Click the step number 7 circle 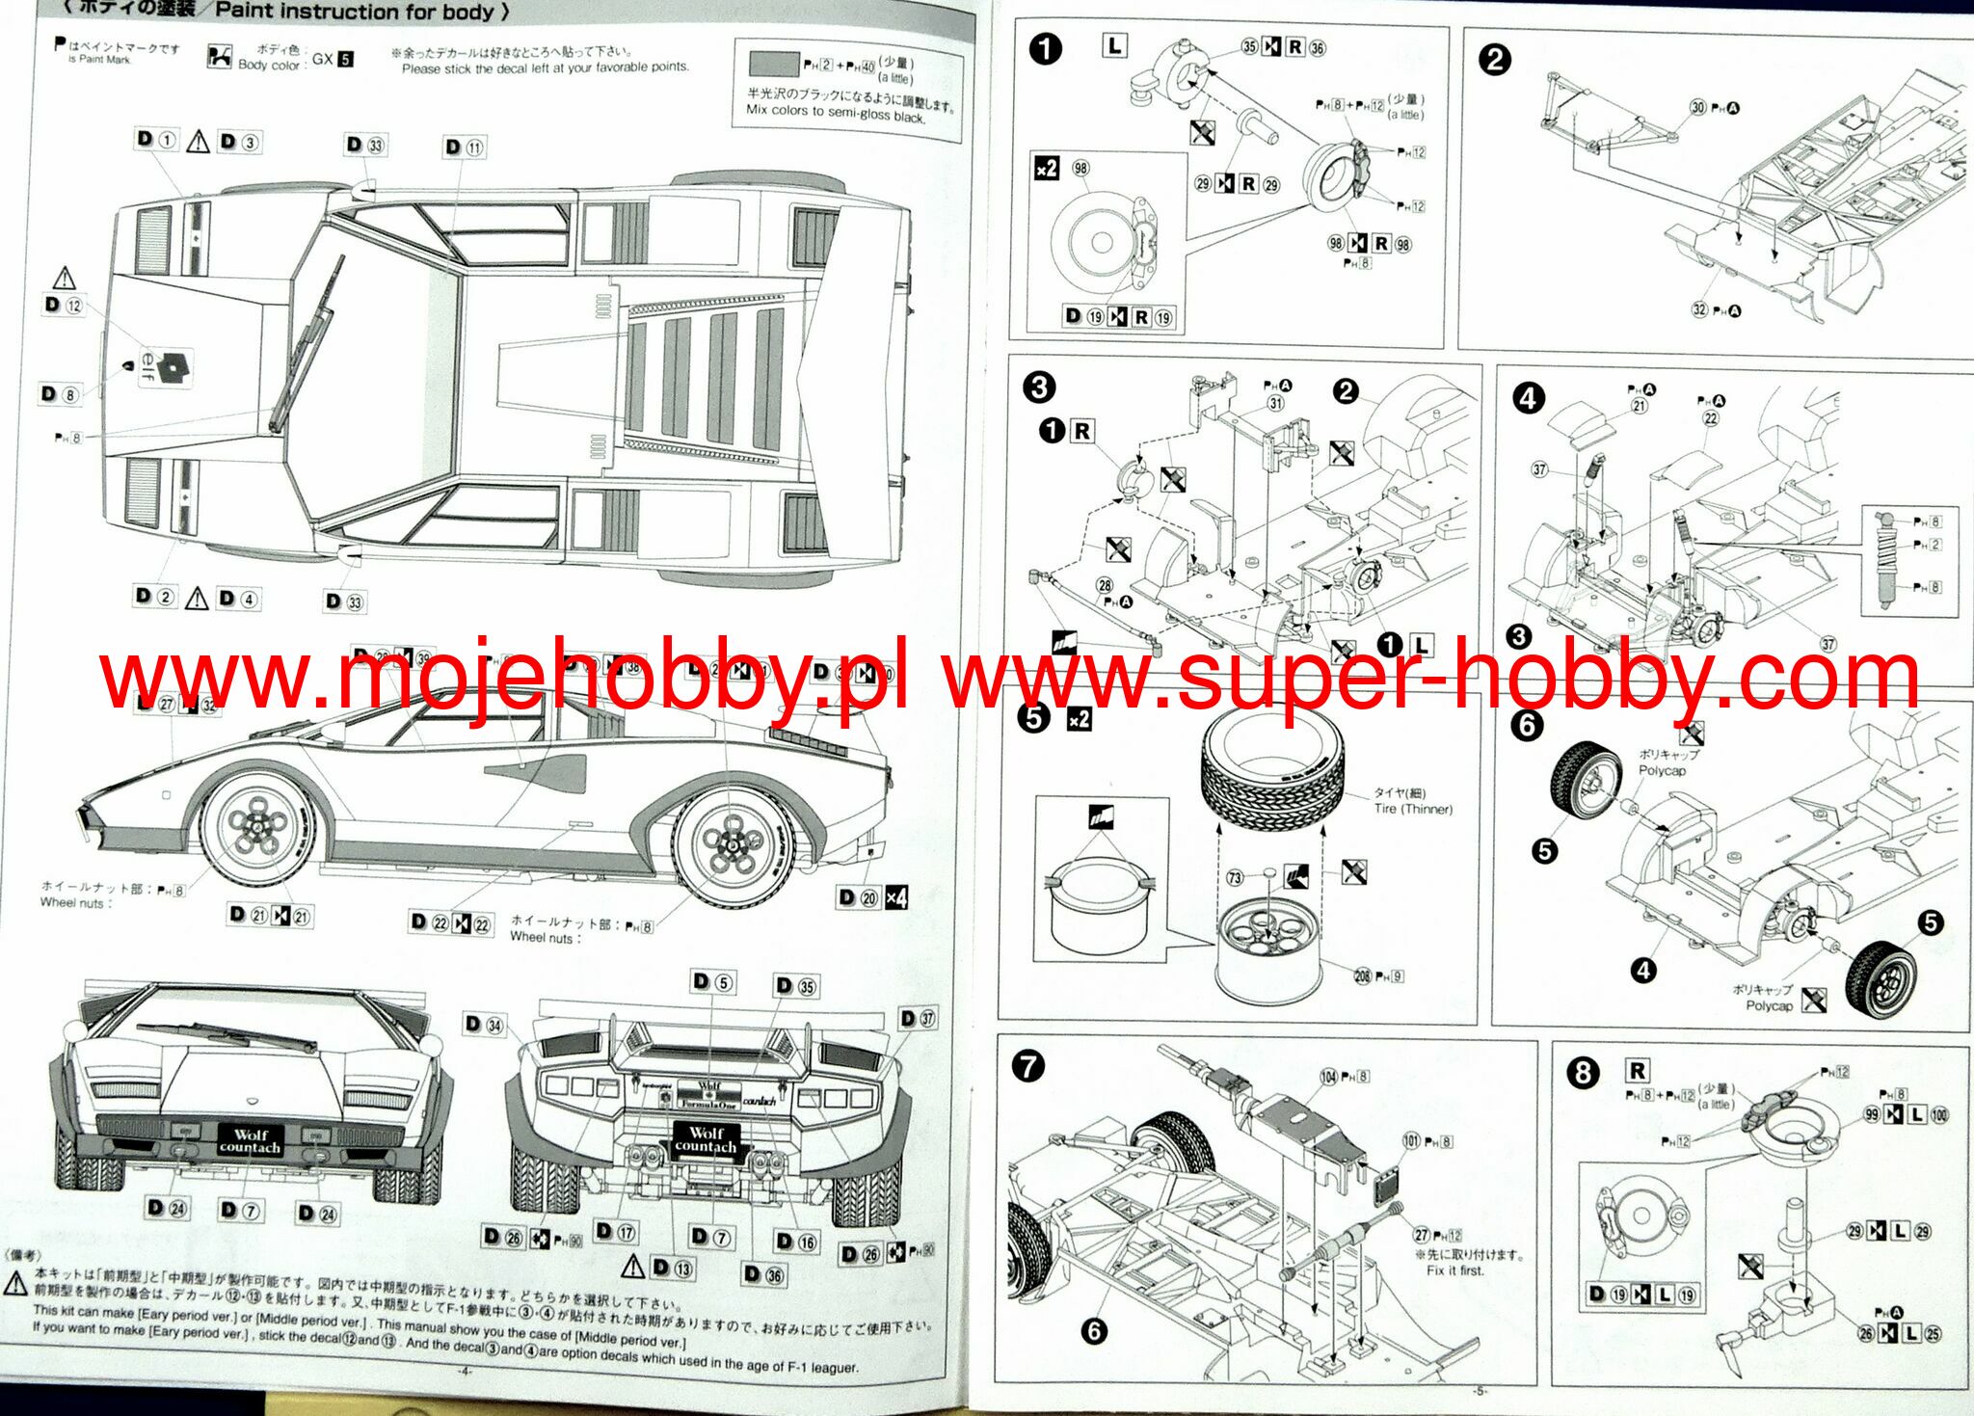(x=1029, y=1066)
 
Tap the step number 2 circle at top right (x=1494, y=60)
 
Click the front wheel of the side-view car (x=259, y=827)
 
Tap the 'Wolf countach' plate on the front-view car (x=250, y=1141)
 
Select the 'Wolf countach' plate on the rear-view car (x=706, y=1139)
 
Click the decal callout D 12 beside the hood (x=64, y=306)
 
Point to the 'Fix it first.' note (x=1455, y=1270)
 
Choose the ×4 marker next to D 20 (x=896, y=897)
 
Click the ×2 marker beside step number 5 (x=1079, y=719)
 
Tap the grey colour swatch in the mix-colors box (x=774, y=64)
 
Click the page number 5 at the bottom (x=1480, y=1390)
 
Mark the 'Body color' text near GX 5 (x=268, y=65)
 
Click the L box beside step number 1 (x=1115, y=45)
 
